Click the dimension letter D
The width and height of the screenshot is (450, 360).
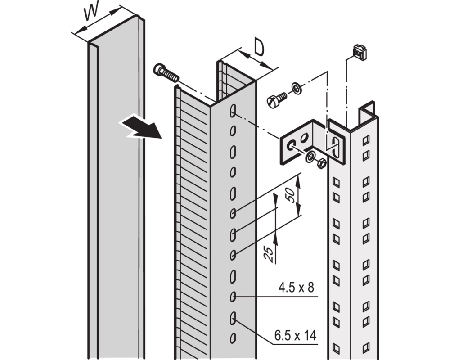(x=259, y=47)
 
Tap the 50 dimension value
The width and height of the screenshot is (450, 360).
(x=291, y=195)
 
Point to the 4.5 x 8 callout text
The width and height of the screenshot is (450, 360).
(x=296, y=287)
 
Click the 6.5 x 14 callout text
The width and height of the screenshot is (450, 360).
(x=295, y=335)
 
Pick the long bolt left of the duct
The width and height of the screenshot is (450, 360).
(x=166, y=72)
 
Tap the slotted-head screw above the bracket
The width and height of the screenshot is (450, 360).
(x=276, y=99)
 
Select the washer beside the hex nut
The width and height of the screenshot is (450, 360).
(x=310, y=157)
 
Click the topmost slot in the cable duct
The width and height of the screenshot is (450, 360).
(x=233, y=111)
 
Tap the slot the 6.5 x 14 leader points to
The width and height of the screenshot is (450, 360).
(x=233, y=318)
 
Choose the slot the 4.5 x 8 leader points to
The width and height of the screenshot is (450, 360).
(x=233, y=297)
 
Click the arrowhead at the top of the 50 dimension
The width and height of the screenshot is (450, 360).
(x=298, y=181)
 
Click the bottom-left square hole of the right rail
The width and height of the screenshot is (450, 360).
(x=336, y=348)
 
